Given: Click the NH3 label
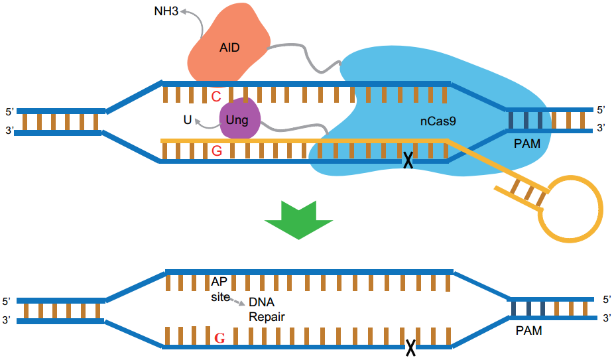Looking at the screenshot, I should (165, 11).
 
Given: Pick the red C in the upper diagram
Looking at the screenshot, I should (215, 97).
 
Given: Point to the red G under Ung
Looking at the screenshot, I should (215, 151).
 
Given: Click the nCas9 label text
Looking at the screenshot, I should (438, 121).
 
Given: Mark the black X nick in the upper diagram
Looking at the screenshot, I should (409, 160).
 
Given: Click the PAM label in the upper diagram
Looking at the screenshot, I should (528, 143).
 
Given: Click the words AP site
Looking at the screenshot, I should (220, 289).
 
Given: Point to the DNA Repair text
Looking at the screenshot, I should (267, 309).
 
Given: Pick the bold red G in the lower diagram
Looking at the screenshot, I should (219, 337).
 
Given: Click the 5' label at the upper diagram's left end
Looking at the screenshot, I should (9, 111).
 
